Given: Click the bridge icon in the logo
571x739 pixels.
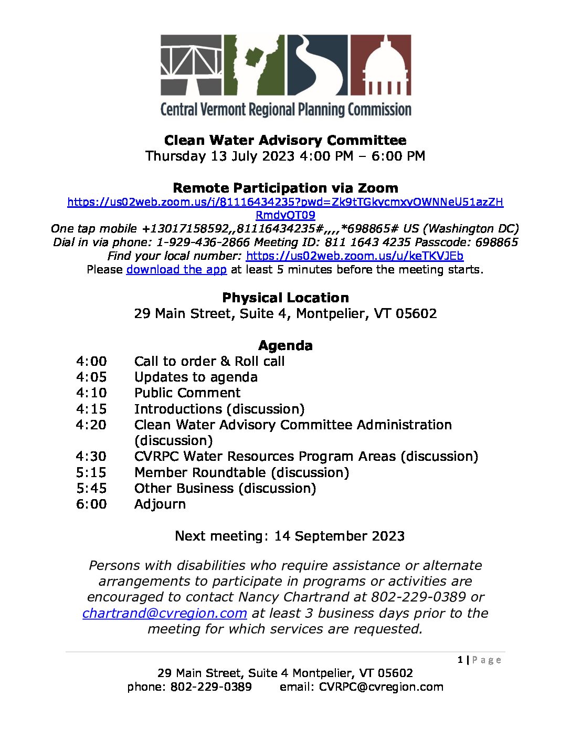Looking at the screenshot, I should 191,65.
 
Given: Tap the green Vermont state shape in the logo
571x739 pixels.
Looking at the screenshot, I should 255,65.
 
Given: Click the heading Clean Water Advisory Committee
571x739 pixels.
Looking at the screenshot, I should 285,140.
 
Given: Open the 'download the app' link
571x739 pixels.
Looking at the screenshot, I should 176,270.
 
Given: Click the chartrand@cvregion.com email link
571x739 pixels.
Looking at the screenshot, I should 165,613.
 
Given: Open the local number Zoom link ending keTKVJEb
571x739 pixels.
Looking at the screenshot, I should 354,256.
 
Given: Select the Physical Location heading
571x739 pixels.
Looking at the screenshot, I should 285,298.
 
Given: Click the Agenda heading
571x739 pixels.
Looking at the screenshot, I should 285,345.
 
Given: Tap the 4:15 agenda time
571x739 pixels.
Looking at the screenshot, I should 91,409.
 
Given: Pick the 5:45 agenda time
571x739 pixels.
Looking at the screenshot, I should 91,488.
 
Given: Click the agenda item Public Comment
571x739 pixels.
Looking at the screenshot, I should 187,393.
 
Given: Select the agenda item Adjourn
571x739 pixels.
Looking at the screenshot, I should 160,504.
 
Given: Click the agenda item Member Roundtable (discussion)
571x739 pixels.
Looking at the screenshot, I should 241,472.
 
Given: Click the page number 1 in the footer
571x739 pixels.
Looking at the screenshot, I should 460,660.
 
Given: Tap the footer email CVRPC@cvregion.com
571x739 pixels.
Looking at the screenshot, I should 381,687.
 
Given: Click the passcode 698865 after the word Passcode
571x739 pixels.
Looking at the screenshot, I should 496,242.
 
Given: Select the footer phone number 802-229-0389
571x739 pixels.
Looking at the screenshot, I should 211,687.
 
